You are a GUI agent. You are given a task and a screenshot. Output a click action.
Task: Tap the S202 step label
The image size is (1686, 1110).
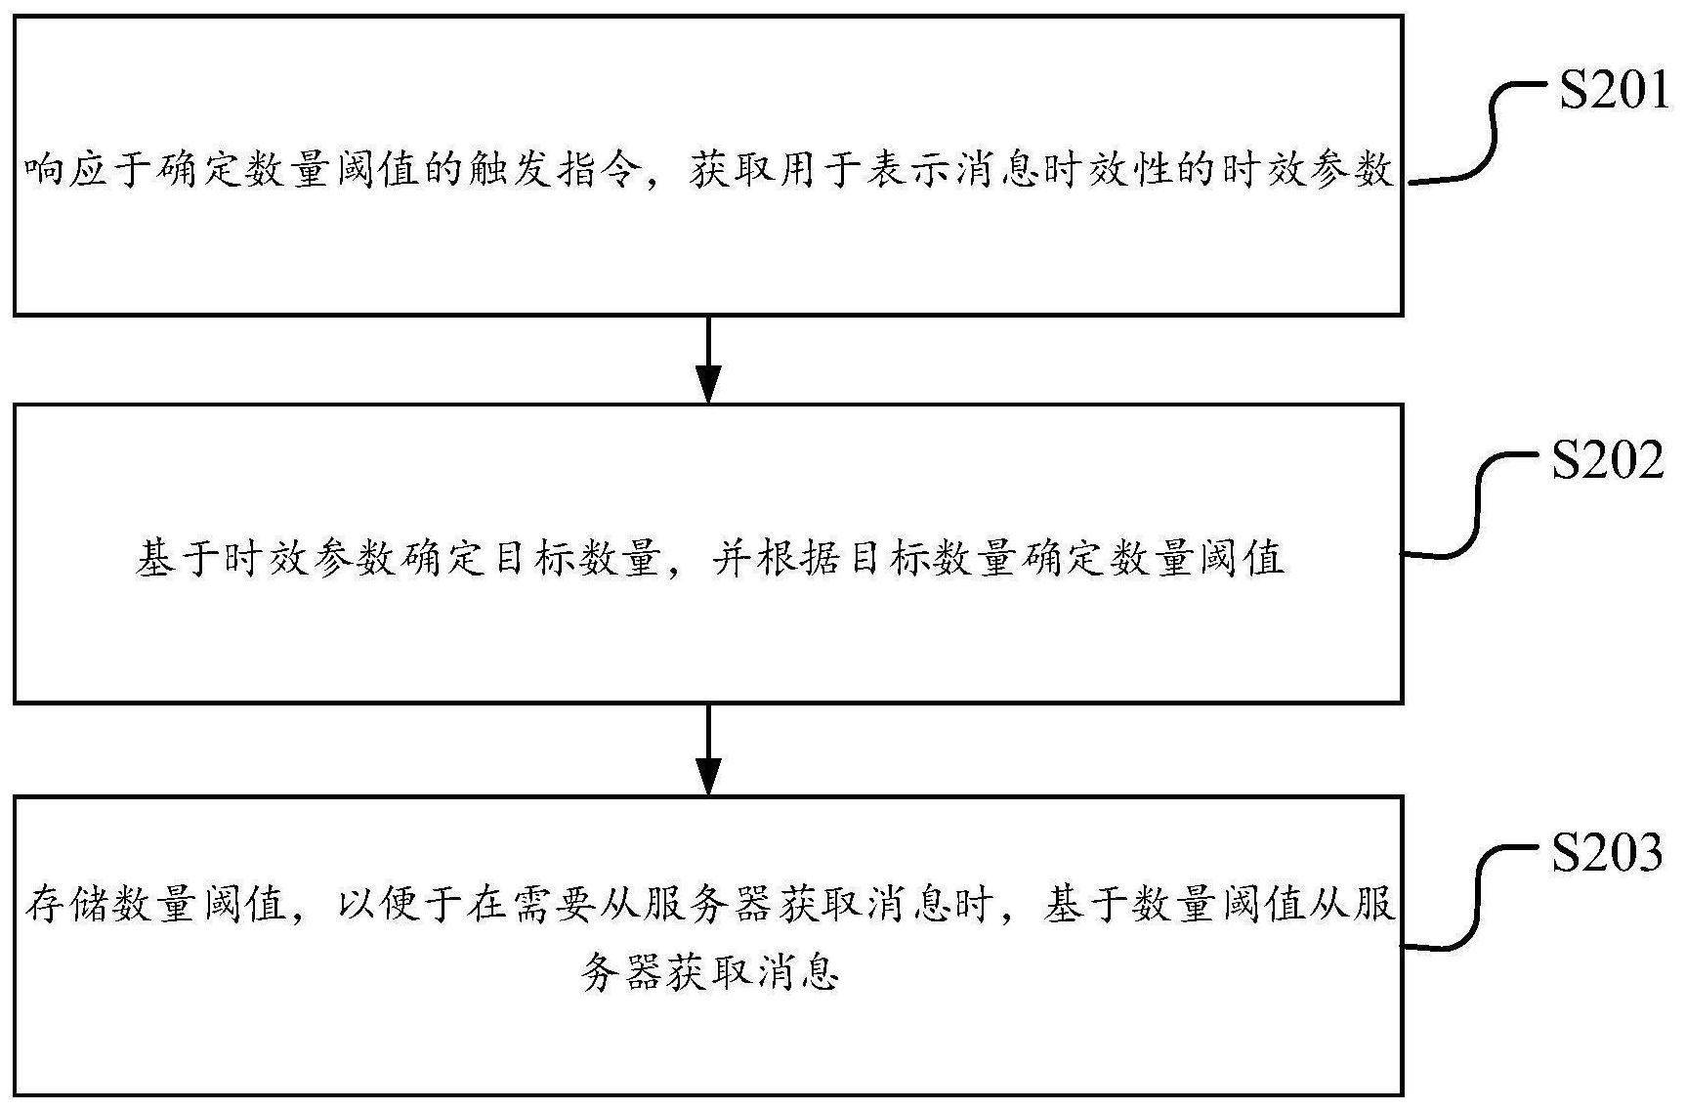1607,459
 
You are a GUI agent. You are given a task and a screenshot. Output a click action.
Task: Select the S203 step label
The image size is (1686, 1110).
1607,852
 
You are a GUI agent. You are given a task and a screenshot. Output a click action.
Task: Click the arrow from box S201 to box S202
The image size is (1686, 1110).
708,359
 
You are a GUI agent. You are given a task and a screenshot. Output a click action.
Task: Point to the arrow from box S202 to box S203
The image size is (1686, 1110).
708,748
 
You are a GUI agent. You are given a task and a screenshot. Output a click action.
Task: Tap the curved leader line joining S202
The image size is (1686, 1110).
1478,505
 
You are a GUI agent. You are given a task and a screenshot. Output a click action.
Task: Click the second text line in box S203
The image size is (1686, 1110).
709,973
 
